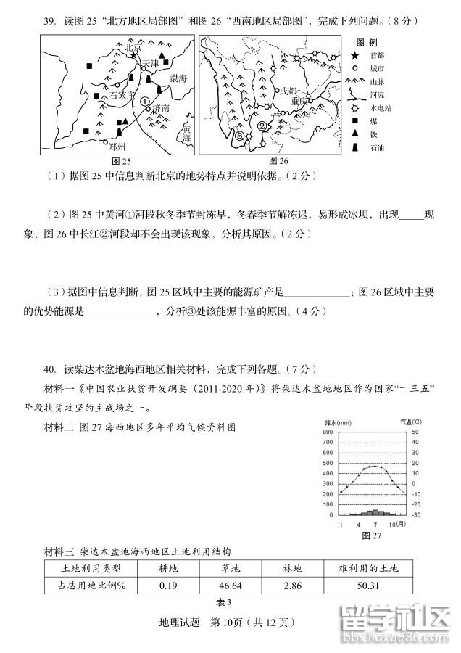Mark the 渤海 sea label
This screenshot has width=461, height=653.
[x=178, y=76]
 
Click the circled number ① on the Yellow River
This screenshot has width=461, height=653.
[x=145, y=102]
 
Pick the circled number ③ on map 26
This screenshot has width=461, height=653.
[x=239, y=135]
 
